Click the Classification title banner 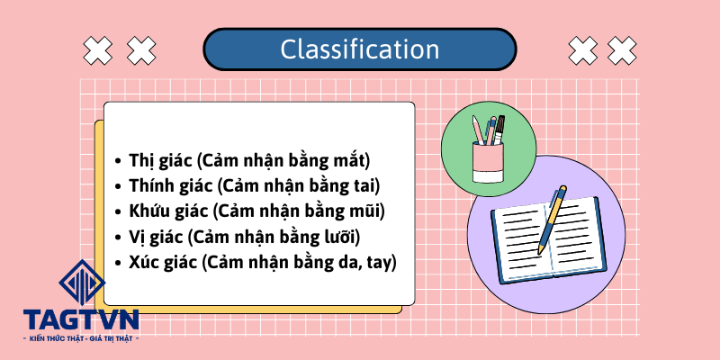click(x=360, y=49)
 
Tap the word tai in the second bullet click(x=368, y=187)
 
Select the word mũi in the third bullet click(x=368, y=212)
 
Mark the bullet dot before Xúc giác click(x=120, y=264)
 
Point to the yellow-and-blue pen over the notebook click(x=553, y=218)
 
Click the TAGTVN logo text click(x=80, y=319)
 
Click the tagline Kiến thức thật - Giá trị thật click(x=80, y=337)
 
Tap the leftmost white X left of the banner click(x=96, y=50)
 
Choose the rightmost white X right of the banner click(x=622, y=50)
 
